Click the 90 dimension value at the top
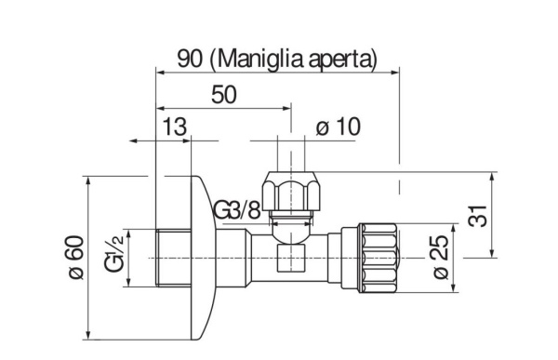pyautogui.click(x=190, y=59)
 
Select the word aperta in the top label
pyautogui.click(x=339, y=60)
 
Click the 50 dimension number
pyautogui.click(x=224, y=95)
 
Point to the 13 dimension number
pyautogui.click(x=175, y=127)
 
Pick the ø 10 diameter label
pyautogui.click(x=339, y=127)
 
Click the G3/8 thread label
pyautogui.click(x=237, y=211)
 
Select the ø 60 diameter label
pyautogui.click(x=76, y=258)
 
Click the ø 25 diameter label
pyautogui.click(x=441, y=258)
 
